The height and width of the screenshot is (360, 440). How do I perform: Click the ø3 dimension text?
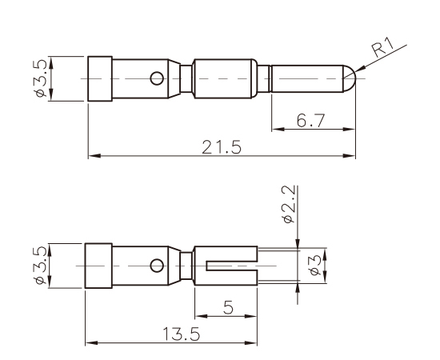tap(315, 265)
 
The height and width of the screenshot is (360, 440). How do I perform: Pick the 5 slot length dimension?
tap(229, 306)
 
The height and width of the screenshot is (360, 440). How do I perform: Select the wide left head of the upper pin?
tap(98, 78)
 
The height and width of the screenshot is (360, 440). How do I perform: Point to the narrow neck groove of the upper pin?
tap(186, 78)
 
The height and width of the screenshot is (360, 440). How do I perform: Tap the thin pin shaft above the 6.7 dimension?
tap(308, 78)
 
